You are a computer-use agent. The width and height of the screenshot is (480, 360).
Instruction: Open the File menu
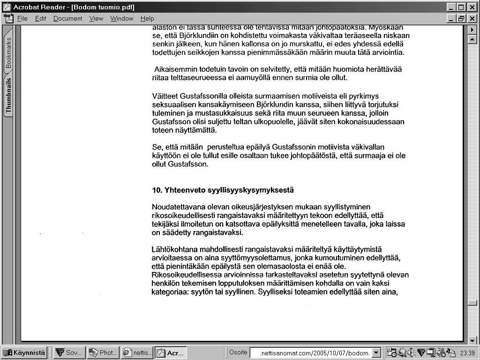(22, 19)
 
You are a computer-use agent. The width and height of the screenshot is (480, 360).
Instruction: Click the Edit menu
(40, 19)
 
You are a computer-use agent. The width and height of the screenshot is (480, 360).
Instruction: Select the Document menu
(67, 19)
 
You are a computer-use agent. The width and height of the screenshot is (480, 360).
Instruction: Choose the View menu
(96, 19)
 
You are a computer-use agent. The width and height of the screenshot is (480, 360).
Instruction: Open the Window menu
(122, 19)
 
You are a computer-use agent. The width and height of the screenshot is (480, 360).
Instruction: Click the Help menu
(147, 19)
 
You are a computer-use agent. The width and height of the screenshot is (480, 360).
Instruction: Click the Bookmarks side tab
(8, 53)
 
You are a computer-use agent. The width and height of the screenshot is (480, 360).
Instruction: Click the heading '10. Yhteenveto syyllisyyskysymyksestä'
(223, 190)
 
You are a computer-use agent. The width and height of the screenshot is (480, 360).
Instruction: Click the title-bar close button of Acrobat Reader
(472, 7)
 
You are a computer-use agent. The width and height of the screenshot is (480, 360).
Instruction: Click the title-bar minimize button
(451, 7)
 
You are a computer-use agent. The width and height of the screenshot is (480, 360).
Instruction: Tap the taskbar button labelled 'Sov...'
(69, 353)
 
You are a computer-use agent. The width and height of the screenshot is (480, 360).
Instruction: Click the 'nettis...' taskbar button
(137, 353)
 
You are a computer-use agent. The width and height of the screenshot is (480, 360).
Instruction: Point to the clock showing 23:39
(467, 353)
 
